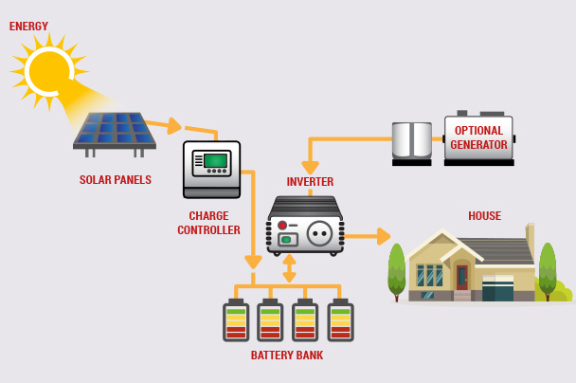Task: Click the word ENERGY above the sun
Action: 28,27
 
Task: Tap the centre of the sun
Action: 48,70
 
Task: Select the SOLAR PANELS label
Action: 115,180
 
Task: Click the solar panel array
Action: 116,132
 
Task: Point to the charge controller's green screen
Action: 217,160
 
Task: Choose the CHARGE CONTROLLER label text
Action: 208,223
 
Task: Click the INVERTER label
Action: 310,182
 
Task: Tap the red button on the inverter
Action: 282,226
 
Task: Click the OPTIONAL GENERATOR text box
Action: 478,137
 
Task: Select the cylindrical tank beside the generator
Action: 412,141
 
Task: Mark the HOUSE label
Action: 484,216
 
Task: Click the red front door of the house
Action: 462,277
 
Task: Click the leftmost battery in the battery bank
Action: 236,321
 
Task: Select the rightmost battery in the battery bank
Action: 340,321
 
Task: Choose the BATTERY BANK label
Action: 286,356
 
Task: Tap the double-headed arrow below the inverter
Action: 289,268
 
